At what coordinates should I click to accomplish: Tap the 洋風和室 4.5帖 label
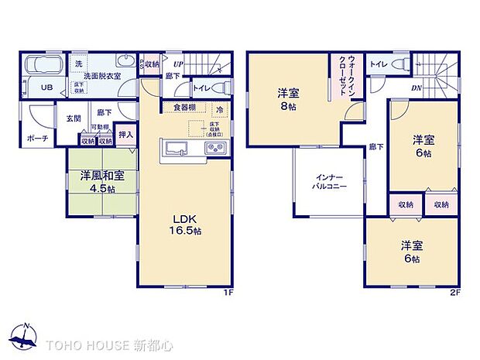(x=98, y=182)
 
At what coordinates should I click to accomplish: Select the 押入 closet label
(x=125, y=135)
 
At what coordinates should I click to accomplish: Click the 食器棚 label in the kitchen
(x=183, y=108)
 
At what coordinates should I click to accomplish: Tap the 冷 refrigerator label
(x=220, y=109)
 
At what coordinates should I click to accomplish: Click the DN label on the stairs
(x=417, y=87)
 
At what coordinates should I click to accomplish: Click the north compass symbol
(x=26, y=335)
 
